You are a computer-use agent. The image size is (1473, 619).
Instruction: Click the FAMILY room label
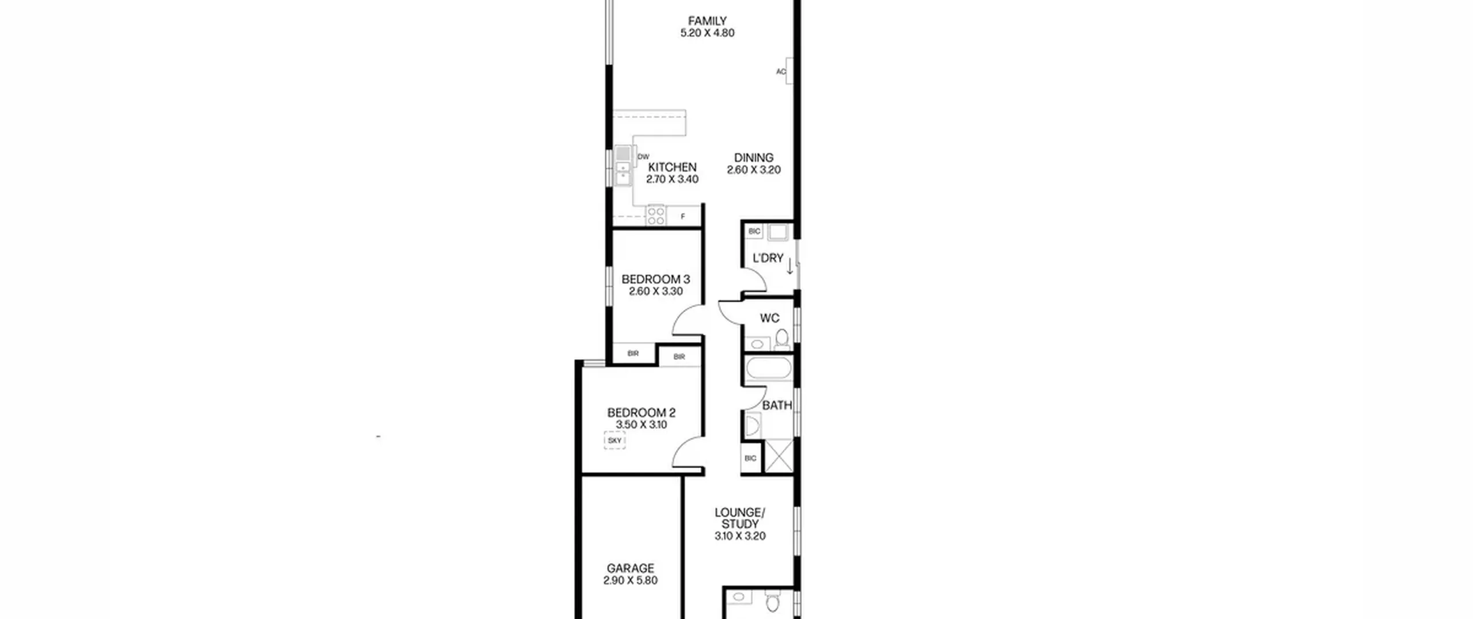[x=707, y=21]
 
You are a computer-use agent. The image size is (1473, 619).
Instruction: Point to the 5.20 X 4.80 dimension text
[x=707, y=33]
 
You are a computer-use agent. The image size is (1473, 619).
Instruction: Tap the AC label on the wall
[x=781, y=71]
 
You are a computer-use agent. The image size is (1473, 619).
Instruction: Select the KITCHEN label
[x=672, y=167]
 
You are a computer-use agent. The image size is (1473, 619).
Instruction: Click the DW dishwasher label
[x=643, y=157]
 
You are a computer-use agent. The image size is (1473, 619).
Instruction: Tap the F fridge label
[x=683, y=217]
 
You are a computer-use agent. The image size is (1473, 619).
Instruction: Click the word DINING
[x=754, y=157]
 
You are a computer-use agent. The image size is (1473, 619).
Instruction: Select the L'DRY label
[x=768, y=258]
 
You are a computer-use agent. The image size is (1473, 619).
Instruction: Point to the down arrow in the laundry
[x=790, y=265]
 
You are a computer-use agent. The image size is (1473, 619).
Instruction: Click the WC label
[x=769, y=318]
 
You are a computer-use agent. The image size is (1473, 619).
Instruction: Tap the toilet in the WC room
[x=782, y=339]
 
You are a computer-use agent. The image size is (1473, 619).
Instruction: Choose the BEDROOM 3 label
[x=655, y=279]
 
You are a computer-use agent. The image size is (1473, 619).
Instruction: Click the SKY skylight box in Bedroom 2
[x=615, y=440]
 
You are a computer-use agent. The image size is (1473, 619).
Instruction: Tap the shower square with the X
[x=779, y=456]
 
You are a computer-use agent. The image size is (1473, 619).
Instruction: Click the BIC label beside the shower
[x=750, y=458]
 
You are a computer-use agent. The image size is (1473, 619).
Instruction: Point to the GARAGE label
[x=631, y=568]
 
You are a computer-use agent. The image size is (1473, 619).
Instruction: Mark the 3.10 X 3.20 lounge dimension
[x=740, y=536]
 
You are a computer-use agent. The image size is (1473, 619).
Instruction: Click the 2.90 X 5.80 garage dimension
[x=631, y=580]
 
